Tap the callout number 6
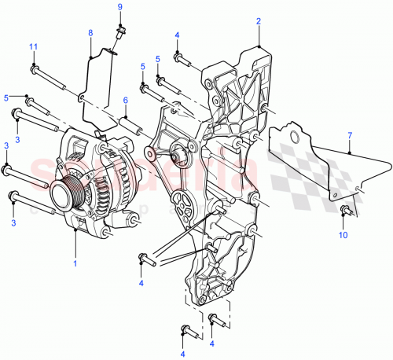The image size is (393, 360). [125, 100]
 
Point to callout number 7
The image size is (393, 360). [350, 136]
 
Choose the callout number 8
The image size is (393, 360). [90, 33]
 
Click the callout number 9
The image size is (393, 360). [120, 7]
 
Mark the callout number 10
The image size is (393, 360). [344, 234]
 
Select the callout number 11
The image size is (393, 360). [33, 47]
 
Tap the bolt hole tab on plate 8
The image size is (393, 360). [81, 97]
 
